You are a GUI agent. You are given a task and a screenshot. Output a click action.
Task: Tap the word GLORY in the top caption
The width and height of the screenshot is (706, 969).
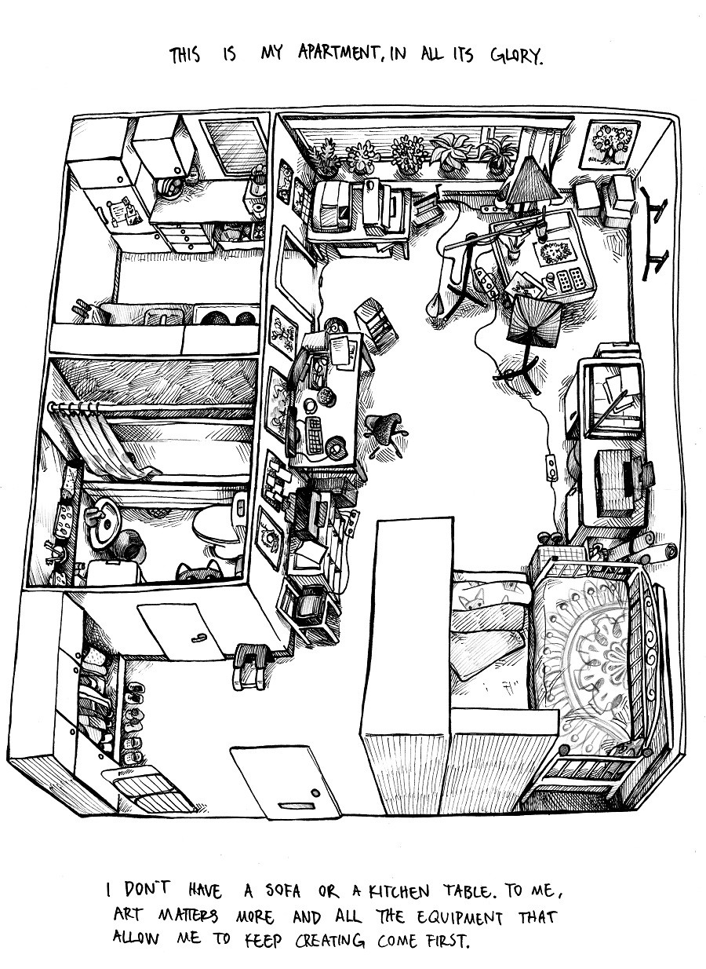516,55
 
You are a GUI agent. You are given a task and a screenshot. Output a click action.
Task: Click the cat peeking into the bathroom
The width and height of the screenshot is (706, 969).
199,572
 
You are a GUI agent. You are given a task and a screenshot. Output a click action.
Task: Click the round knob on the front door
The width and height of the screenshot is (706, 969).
315,792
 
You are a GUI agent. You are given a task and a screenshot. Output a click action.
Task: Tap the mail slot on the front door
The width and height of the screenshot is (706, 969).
290,806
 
